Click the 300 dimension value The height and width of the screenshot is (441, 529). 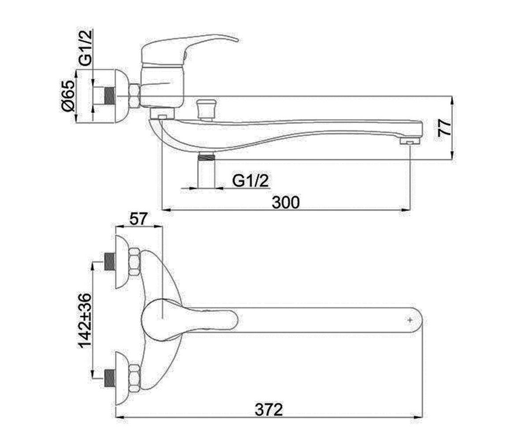point(286,202)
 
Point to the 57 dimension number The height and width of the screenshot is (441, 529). point(138,219)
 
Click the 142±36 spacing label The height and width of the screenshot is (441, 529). point(85,321)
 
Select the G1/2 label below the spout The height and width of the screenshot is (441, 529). point(250,181)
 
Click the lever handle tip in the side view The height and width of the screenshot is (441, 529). point(237,40)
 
